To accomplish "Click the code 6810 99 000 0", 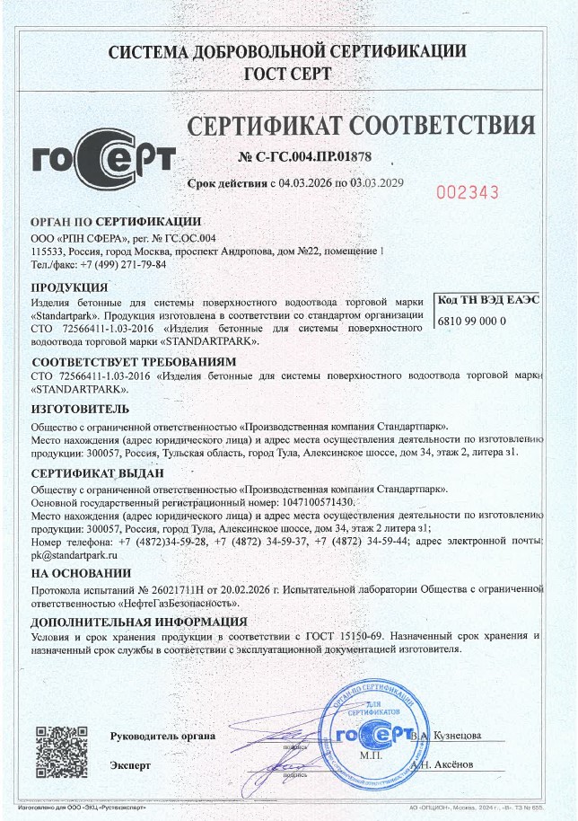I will pos(473,320).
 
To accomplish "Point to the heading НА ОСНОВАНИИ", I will pos(80,573).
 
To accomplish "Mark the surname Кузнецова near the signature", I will pos(457,736).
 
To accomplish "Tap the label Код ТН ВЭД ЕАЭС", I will pos(488,299).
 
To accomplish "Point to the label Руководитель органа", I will pos(162,737).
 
